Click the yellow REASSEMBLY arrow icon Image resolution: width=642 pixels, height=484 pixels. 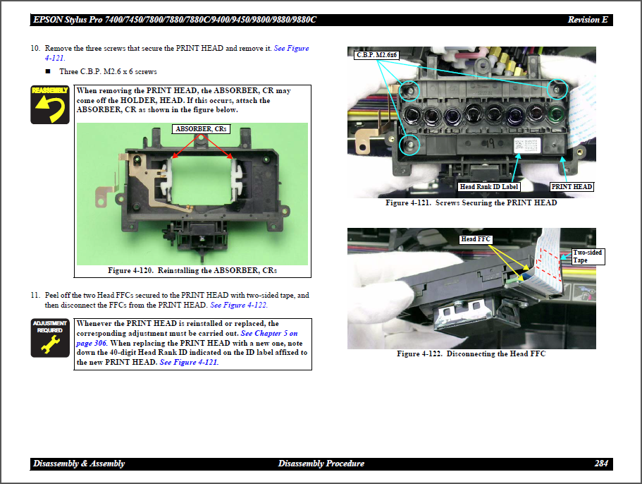tap(49, 104)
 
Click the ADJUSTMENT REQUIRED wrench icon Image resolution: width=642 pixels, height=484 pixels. tap(49, 338)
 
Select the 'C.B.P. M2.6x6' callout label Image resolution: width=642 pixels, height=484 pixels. tap(378, 55)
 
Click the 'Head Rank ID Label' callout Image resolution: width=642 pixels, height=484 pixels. tap(489, 187)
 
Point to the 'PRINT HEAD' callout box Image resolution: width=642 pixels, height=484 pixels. tap(572, 187)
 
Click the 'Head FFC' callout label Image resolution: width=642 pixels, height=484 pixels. tap(476, 240)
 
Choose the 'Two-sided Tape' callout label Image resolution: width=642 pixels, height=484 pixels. tap(588, 256)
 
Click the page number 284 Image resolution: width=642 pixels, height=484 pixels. tap(600, 464)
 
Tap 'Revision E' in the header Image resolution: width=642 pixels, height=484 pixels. tap(587, 20)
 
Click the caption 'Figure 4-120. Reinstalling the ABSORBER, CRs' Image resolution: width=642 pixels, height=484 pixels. tap(192, 271)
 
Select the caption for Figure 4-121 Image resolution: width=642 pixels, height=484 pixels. tap(471, 203)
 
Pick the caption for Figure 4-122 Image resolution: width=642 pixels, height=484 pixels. tap(471, 353)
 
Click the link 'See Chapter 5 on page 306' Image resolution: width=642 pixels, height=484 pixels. tap(269, 333)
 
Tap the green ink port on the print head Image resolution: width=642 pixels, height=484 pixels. tap(557, 114)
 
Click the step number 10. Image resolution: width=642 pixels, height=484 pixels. tap(35, 49)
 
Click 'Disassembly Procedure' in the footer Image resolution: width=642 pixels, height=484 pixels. tap(321, 464)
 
